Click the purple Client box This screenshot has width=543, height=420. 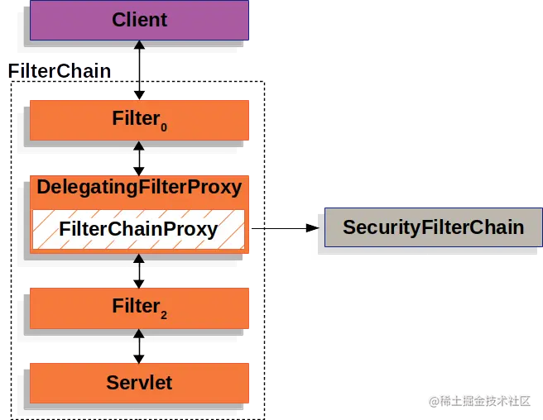pos(139,21)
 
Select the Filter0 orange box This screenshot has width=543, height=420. pos(139,121)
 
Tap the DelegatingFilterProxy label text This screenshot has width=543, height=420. pos(139,187)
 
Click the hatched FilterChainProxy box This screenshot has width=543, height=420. pos(139,229)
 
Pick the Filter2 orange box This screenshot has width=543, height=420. pos(139,308)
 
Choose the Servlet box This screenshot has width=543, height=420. pos(139,382)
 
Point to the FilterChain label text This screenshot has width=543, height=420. pos(60,71)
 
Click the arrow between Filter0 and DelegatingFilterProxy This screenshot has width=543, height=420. pos(139,157)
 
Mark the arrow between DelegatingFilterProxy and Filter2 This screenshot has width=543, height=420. pos(139,270)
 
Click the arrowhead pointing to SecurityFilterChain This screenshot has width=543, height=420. pos(312,227)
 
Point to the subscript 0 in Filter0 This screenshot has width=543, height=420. pos(163,127)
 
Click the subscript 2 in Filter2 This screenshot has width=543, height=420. pos(163,314)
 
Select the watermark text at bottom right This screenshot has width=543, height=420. pos(478,400)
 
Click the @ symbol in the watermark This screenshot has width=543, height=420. pos(432,401)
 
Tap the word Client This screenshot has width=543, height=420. pos(139,20)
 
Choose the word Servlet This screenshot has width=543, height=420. pos(139,383)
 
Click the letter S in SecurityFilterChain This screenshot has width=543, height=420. pos(349,227)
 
